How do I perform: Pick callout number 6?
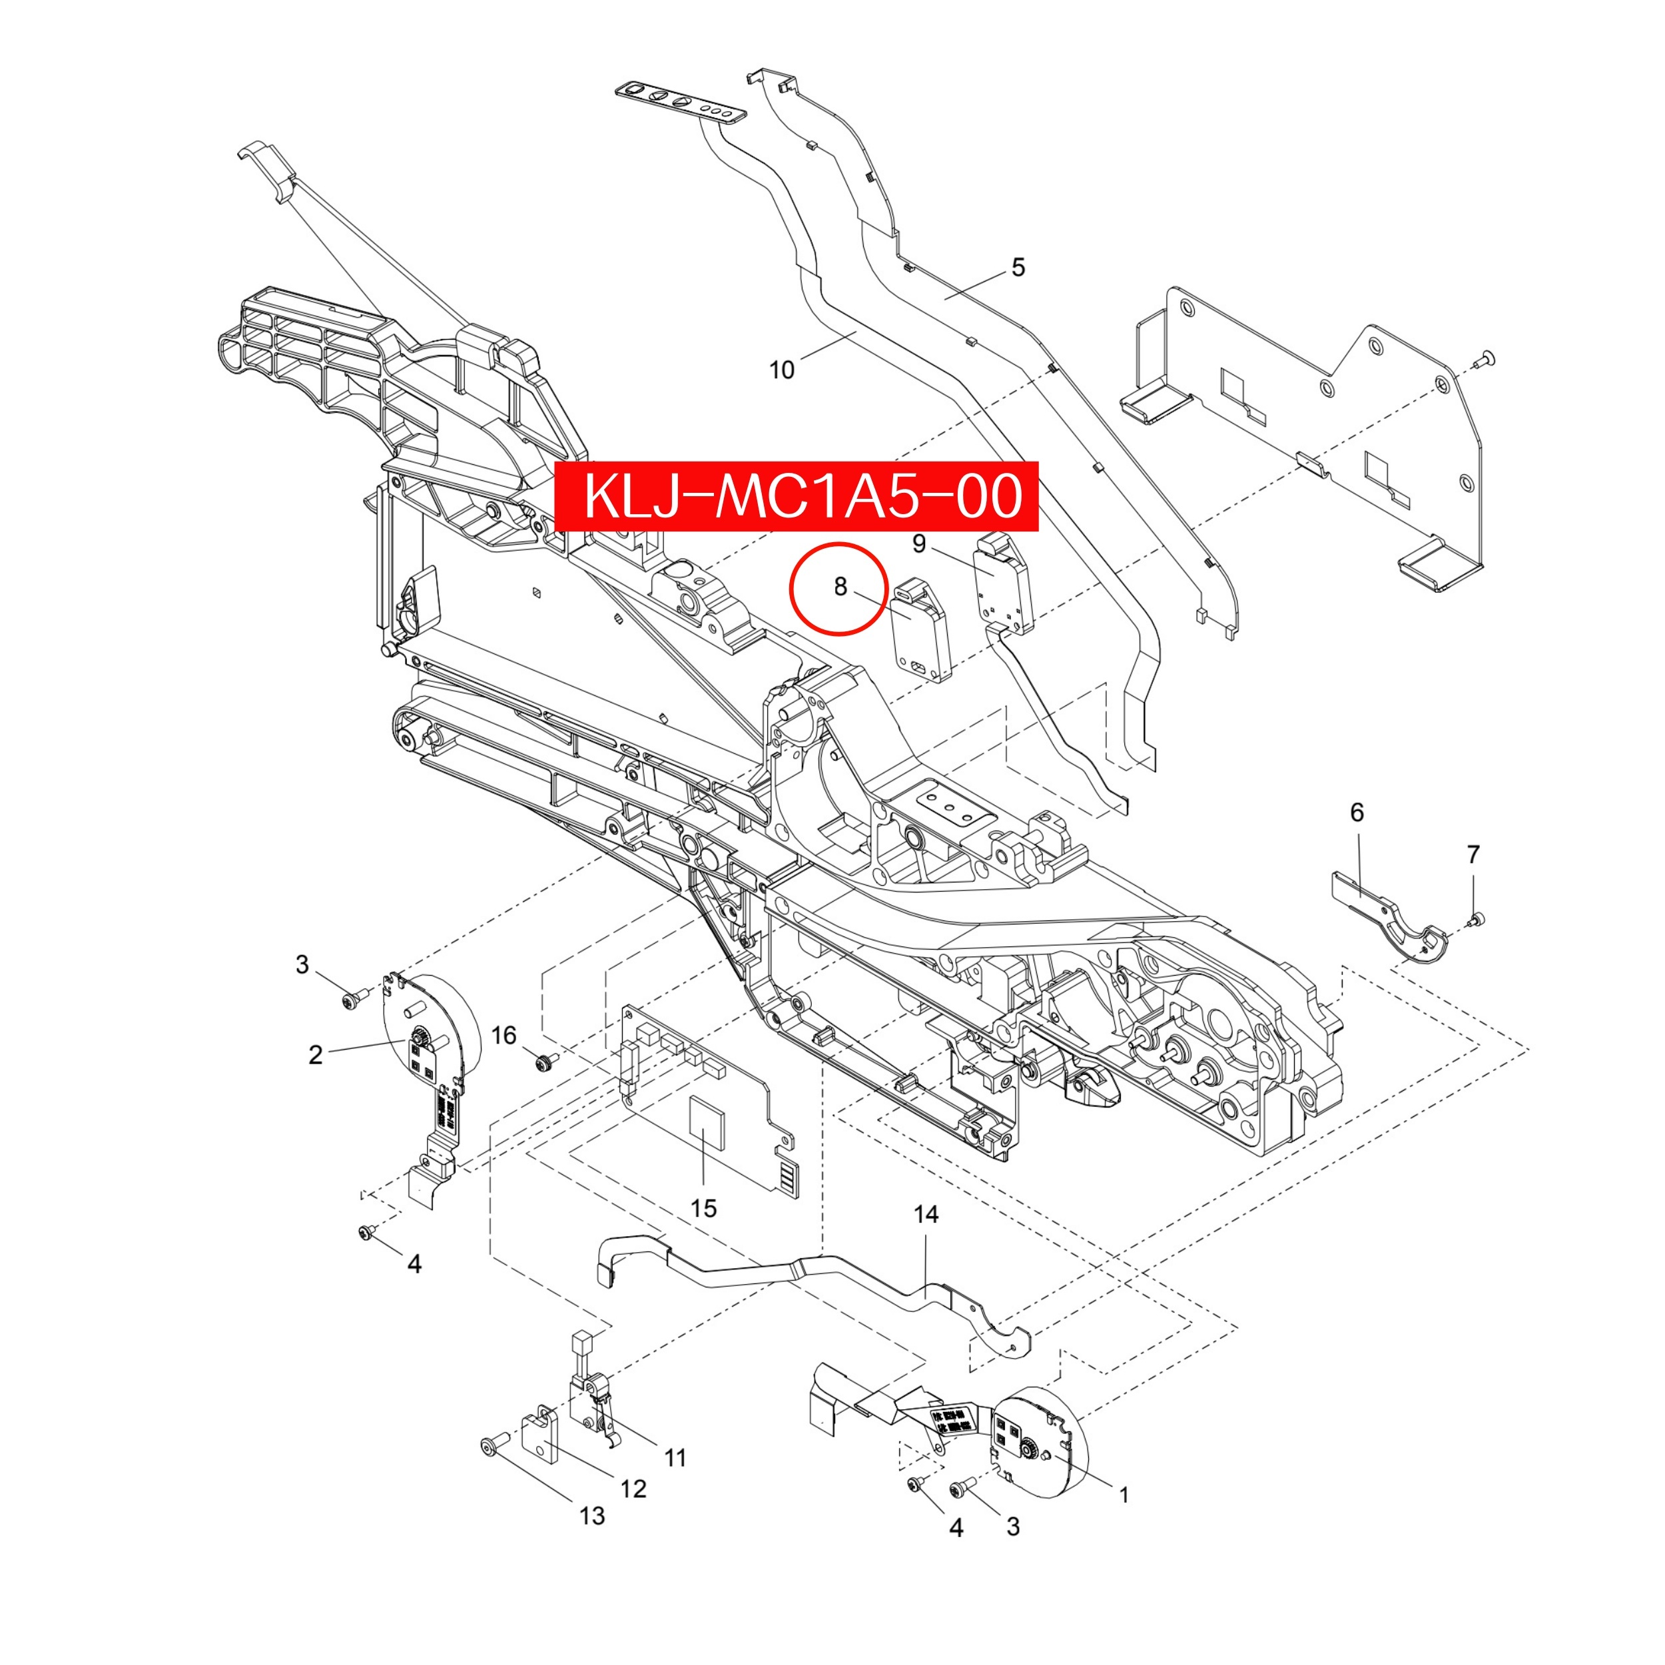click(1357, 812)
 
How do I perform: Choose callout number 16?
click(504, 1035)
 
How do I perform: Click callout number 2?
click(316, 1055)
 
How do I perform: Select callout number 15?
click(703, 1208)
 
